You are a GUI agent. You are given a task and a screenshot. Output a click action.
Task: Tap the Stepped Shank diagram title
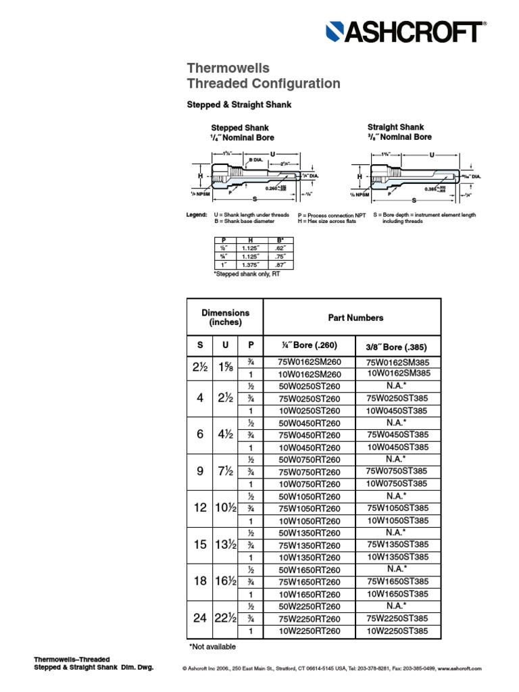tap(240, 128)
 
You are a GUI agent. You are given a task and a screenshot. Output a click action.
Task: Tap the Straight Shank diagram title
tap(395, 127)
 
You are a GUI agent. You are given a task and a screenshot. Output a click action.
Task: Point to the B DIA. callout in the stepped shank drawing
tap(256, 159)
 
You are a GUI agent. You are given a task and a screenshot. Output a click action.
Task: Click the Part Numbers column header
tap(355, 317)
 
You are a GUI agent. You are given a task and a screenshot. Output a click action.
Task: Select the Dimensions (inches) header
tap(225, 317)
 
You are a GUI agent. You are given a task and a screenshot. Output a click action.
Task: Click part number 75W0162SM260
tap(310, 362)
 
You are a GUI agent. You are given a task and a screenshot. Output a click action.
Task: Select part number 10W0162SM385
tap(398, 374)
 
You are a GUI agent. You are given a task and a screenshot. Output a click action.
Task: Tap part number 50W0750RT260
tap(310, 460)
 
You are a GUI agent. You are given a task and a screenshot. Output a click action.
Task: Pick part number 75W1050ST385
tap(398, 508)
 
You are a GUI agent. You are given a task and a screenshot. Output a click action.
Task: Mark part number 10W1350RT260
tap(310, 557)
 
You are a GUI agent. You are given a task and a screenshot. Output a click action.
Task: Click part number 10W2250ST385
tap(398, 631)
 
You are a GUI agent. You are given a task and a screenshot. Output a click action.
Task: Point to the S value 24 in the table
tap(200, 618)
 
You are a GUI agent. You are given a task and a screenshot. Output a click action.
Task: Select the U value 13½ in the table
tap(225, 545)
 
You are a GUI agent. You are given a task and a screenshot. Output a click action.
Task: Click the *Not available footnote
tap(212, 647)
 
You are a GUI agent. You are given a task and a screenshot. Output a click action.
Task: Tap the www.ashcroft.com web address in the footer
tap(459, 668)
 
